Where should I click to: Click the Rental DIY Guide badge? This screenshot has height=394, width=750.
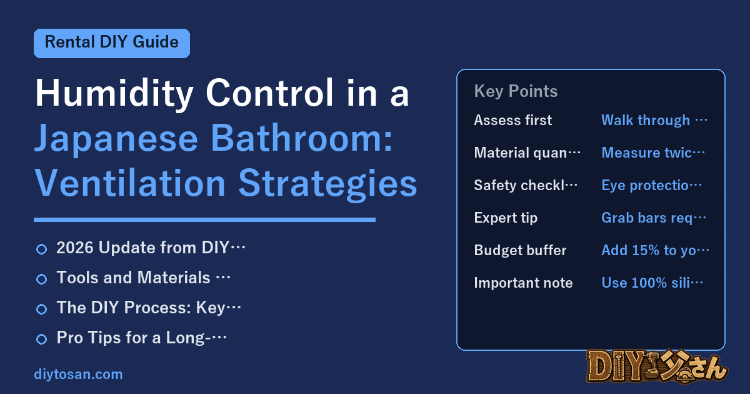pyautogui.click(x=112, y=43)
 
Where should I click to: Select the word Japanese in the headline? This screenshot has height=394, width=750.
pyautogui.click(x=116, y=139)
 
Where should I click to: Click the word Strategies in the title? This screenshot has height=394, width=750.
pyautogui.click(x=327, y=184)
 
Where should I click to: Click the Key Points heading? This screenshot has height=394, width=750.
pyautogui.click(x=516, y=91)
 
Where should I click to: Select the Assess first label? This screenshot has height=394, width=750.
pyautogui.click(x=513, y=120)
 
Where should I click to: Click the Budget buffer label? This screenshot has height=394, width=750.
pyautogui.click(x=520, y=250)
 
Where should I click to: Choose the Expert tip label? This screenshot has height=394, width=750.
pyautogui.click(x=506, y=218)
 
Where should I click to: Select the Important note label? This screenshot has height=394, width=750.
pyautogui.click(x=523, y=283)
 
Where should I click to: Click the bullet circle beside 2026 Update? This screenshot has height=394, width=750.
pyautogui.click(x=41, y=249)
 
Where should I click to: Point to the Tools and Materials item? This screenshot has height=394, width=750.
pyautogui.click(x=143, y=278)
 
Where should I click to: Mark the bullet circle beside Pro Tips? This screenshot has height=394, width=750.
pyautogui.click(x=41, y=339)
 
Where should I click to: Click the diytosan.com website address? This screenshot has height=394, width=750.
pyautogui.click(x=78, y=374)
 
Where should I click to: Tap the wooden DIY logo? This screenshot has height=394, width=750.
pyautogui.click(x=657, y=366)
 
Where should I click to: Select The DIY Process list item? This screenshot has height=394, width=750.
pyautogui.click(x=149, y=308)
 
